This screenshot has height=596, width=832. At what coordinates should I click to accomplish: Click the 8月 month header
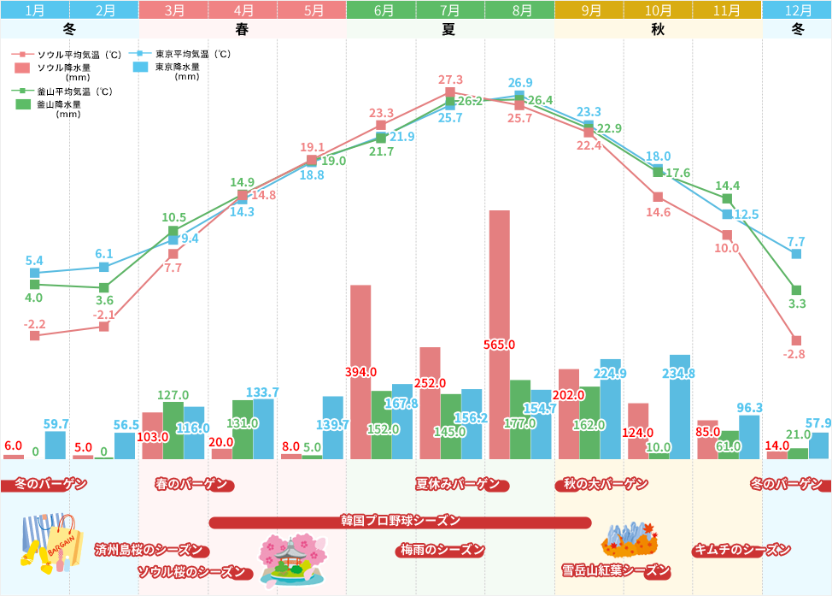point(519,10)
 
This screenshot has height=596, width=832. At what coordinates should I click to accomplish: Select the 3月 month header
point(174,10)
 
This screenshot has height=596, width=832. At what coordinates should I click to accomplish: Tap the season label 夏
point(449,28)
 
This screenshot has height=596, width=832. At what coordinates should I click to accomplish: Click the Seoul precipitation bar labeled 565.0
point(499,333)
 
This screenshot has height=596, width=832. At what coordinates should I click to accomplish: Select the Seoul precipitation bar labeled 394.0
point(360,372)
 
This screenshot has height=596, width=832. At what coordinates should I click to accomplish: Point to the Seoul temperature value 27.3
point(450,80)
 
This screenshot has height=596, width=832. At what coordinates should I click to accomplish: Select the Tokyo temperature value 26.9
point(520,83)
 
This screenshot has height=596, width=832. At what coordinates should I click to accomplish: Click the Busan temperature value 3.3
point(797,304)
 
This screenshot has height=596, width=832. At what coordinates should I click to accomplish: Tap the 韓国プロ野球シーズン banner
point(400,521)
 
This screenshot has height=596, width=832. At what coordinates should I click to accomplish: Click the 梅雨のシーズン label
point(442,549)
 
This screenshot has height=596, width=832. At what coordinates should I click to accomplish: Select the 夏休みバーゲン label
point(457,484)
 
